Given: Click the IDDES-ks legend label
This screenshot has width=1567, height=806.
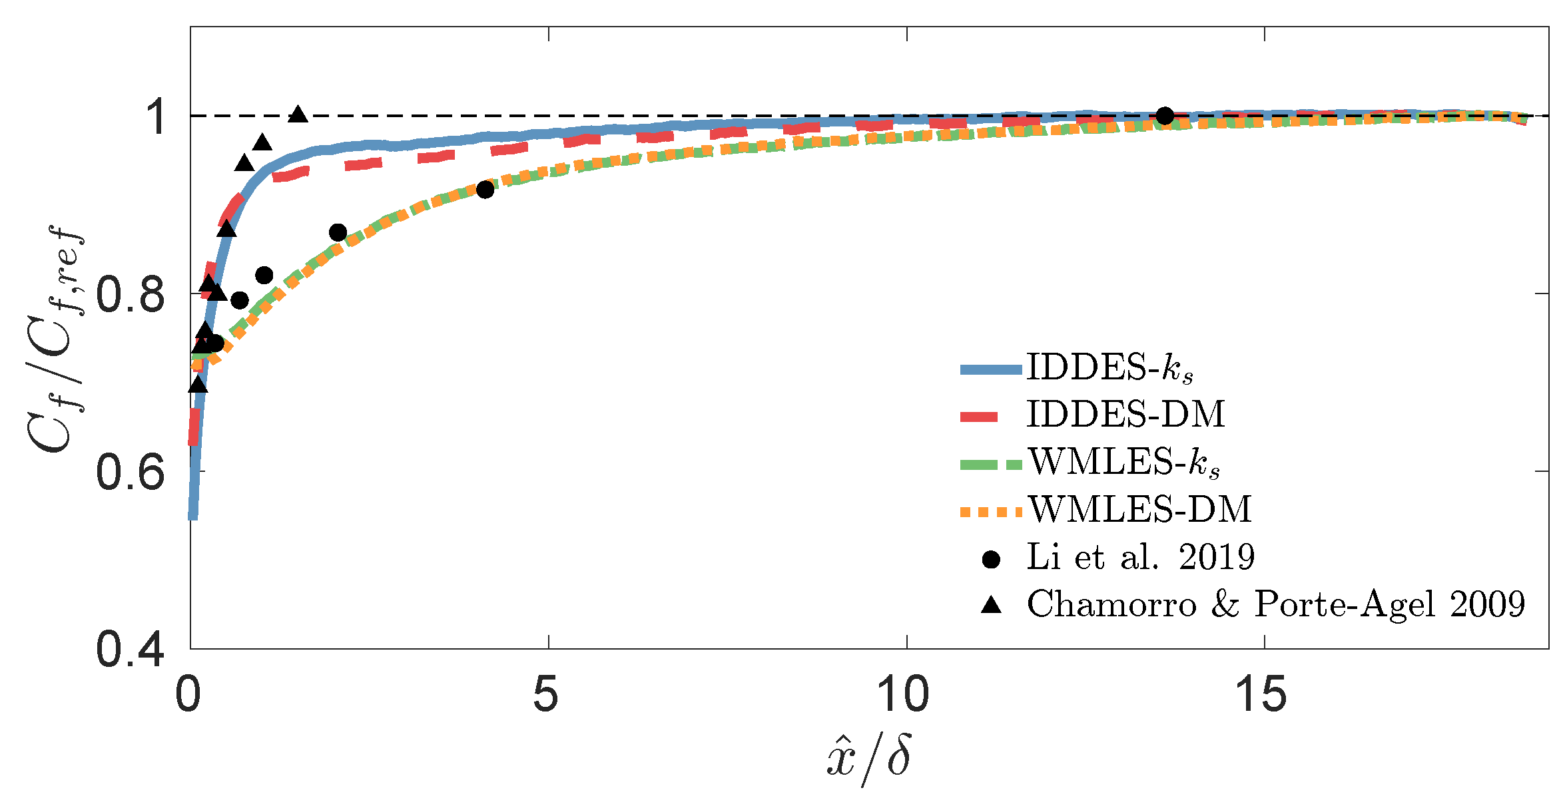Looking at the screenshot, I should click(x=1109, y=367).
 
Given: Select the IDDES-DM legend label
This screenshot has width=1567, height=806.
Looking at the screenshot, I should click(x=1125, y=414).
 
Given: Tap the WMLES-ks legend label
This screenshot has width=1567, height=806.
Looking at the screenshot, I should click(x=1123, y=462).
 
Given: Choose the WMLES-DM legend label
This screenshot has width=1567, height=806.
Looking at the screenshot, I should click(x=1139, y=509).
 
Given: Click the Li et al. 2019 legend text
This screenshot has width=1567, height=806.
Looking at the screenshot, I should click(x=1140, y=557).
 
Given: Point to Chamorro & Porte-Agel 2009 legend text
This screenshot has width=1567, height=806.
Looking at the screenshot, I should click(x=1275, y=604).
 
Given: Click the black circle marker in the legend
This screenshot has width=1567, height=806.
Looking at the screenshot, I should click(x=991, y=559).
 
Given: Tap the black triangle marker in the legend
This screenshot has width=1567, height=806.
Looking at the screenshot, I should click(x=992, y=605).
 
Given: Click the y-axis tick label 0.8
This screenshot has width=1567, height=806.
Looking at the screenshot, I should click(x=131, y=295).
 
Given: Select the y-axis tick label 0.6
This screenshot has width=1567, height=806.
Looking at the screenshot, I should click(x=131, y=473).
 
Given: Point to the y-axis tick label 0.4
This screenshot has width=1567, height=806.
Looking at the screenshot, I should click(x=131, y=650).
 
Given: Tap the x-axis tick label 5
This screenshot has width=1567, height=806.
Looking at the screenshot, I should click(x=546, y=694).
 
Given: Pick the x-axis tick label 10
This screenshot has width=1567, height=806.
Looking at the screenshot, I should click(x=903, y=694).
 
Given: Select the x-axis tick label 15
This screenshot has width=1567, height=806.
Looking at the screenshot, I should click(x=1261, y=694).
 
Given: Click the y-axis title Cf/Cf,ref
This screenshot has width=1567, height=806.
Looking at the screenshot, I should click(x=57, y=339).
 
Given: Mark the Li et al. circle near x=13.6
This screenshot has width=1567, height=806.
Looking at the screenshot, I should click(x=1164, y=116).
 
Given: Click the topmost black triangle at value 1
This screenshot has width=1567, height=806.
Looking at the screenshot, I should click(x=298, y=115).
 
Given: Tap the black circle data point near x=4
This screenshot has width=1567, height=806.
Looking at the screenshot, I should click(x=485, y=190).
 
